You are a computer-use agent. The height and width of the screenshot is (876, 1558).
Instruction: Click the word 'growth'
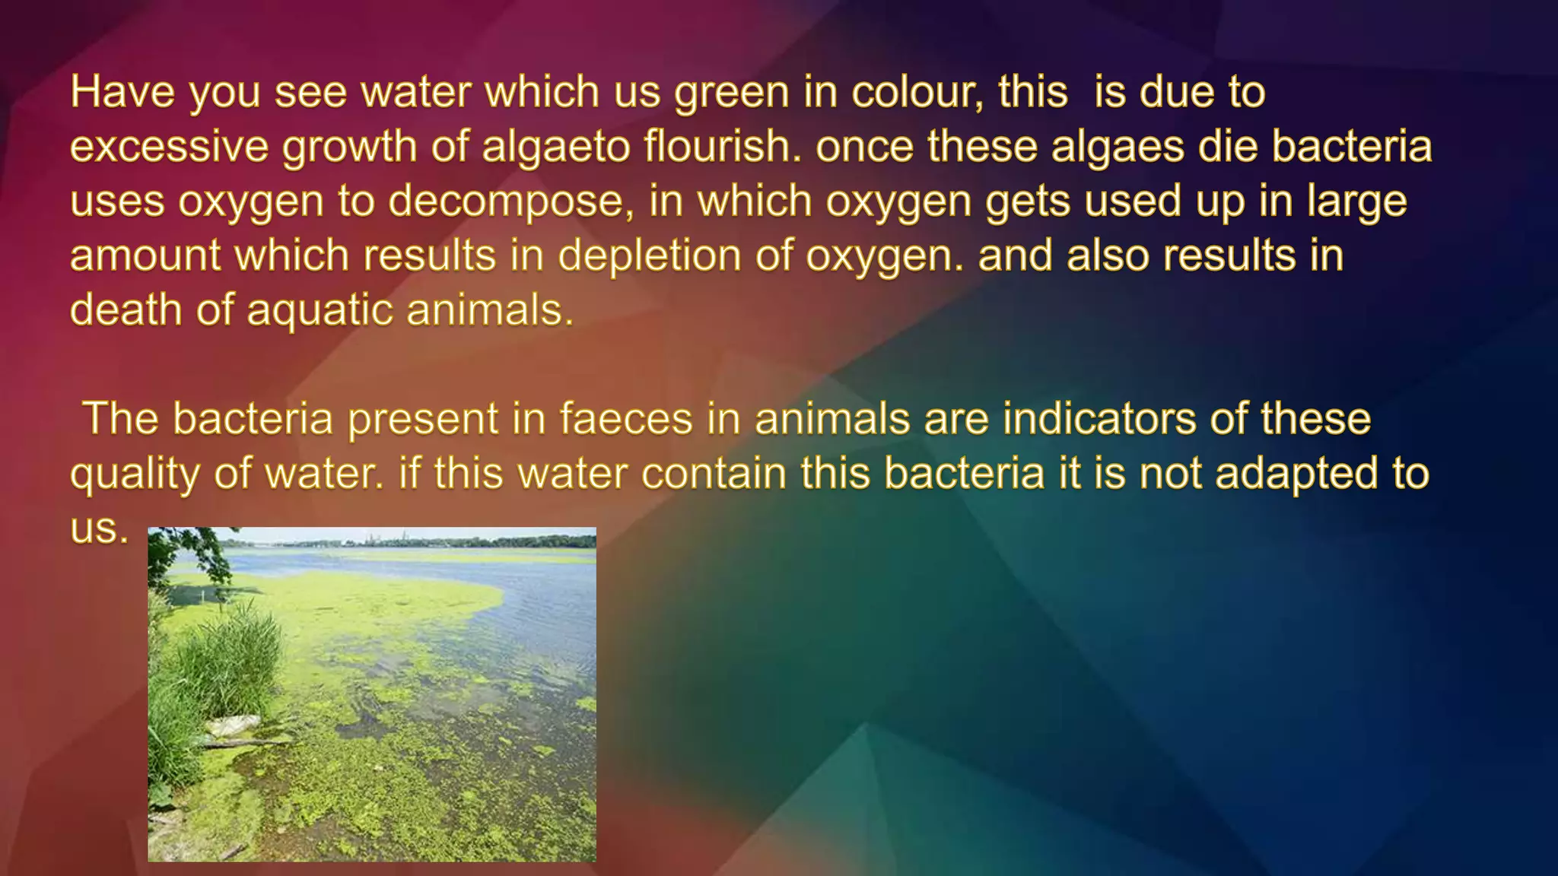(349, 146)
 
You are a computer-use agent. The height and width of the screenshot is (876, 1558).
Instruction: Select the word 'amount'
(145, 255)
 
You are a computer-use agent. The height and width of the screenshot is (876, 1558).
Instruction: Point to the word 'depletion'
(649, 255)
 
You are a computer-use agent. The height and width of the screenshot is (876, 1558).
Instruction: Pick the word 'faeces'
(626, 419)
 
